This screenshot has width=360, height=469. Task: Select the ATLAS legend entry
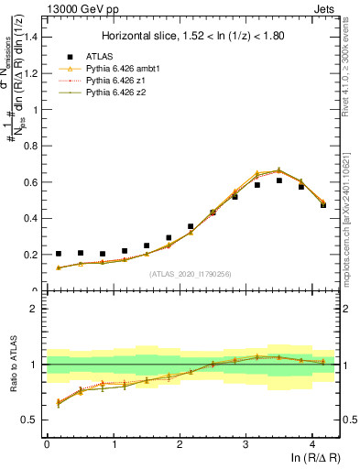coord(115,55)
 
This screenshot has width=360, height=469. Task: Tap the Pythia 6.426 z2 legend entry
coord(125,92)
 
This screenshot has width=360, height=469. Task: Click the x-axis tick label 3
coord(245,443)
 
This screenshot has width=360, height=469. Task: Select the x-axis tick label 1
coord(113,443)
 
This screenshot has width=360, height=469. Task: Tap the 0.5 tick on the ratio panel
coord(31,420)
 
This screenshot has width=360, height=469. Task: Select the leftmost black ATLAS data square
coord(59,254)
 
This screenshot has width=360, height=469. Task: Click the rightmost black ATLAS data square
coord(323,204)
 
